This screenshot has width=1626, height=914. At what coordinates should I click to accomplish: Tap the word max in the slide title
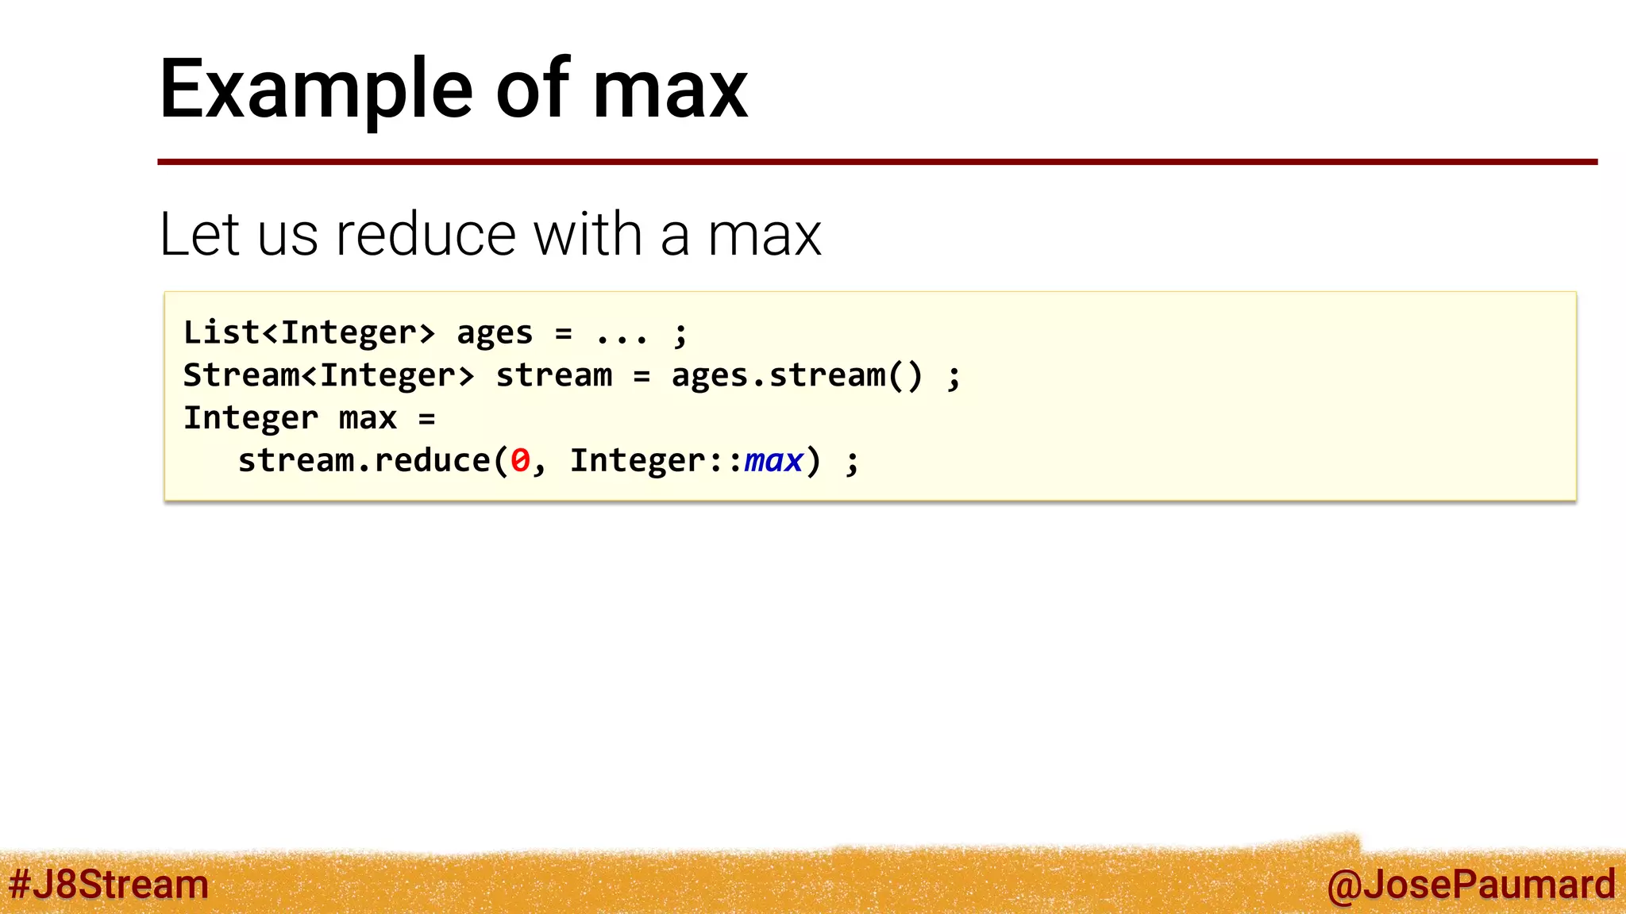[669, 90]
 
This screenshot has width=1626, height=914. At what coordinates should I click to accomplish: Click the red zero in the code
[520, 461]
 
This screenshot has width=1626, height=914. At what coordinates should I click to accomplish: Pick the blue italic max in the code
[773, 461]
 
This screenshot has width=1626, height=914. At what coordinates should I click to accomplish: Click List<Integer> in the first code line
[309, 332]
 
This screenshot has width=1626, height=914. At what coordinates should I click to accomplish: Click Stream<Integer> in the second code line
[328, 375]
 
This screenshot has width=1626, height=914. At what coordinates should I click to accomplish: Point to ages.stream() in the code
[797, 375]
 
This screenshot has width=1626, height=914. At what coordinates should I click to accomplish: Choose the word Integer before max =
[250, 418]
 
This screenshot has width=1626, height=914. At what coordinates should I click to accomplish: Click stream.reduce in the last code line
[364, 461]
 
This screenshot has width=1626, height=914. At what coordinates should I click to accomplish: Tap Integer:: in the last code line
[656, 461]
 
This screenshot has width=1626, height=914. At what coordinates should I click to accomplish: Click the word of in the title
[533, 90]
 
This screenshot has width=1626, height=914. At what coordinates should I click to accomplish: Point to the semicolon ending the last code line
[852, 463]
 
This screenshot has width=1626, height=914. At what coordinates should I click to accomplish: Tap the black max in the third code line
[368, 418]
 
